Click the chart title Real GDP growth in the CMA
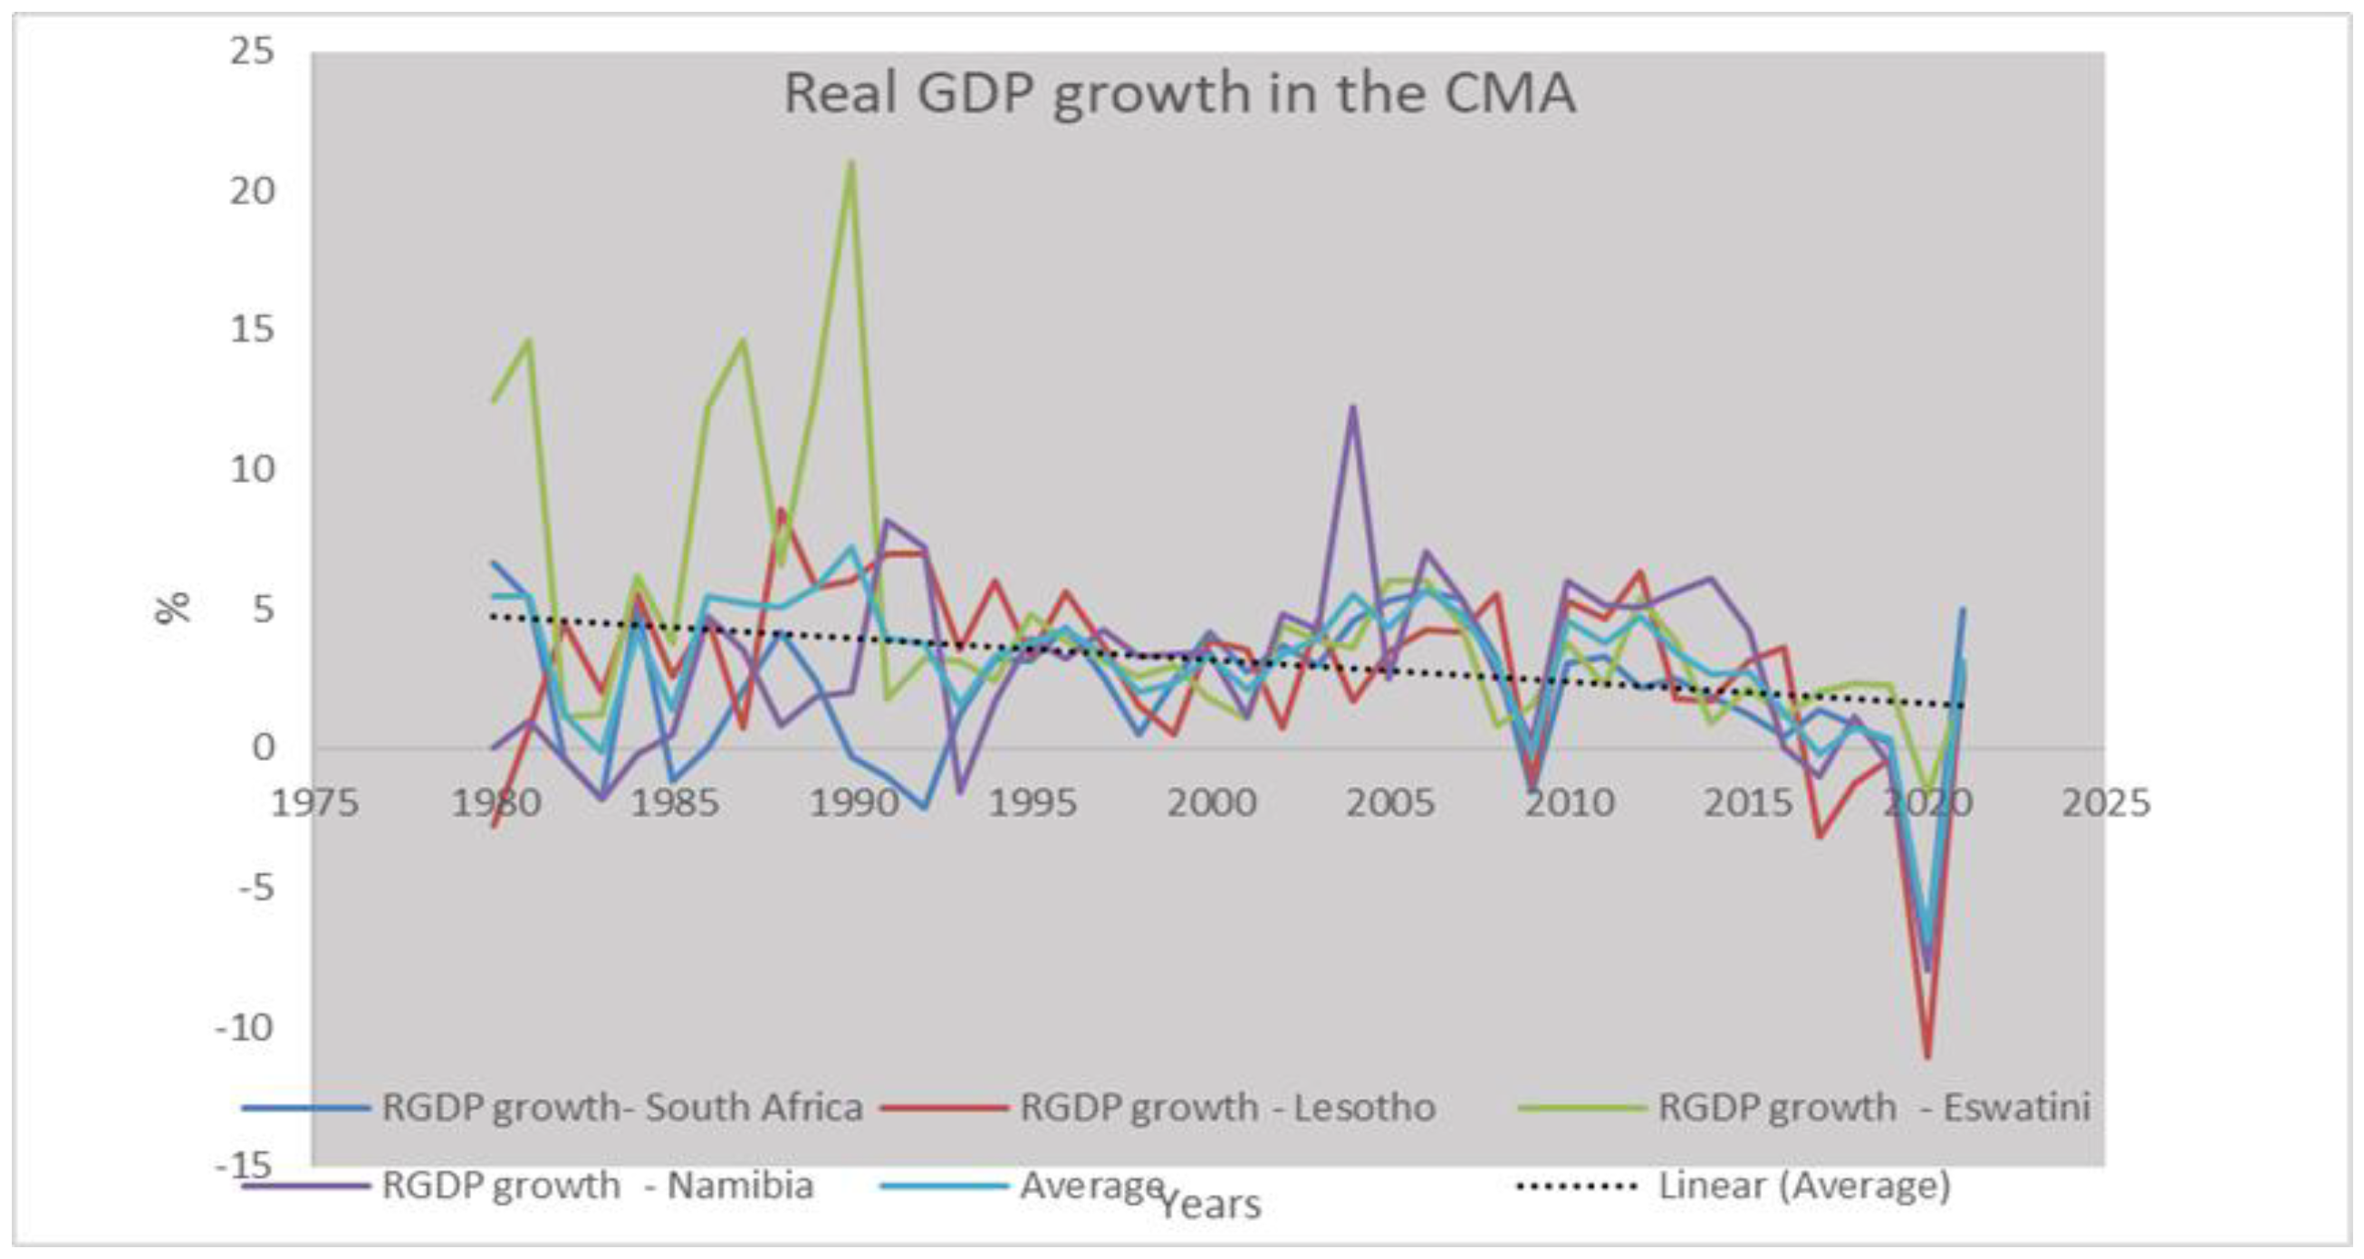(x=1179, y=93)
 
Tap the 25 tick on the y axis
(x=253, y=51)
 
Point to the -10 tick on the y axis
(x=245, y=1028)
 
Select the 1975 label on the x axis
(x=315, y=803)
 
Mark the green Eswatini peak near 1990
(x=851, y=163)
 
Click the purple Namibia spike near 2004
(x=1352, y=408)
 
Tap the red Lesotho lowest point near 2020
(x=1928, y=1057)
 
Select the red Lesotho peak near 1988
(x=781, y=510)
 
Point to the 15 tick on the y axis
(x=253, y=330)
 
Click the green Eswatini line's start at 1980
(x=495, y=400)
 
